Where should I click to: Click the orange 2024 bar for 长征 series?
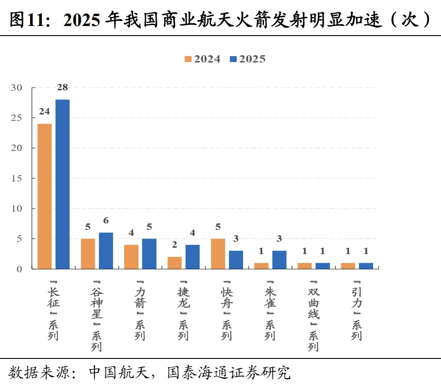tap(45, 197)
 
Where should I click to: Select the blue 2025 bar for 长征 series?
tap(62, 184)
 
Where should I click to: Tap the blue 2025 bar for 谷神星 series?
tap(106, 251)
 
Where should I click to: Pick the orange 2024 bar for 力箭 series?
tap(131, 257)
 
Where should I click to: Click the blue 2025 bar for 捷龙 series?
tap(192, 257)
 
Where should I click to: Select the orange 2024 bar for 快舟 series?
tap(218, 254)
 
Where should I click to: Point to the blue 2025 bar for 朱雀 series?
tap(279, 260)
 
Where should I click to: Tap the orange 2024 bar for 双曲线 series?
tap(305, 266)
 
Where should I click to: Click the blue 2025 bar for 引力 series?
tap(366, 266)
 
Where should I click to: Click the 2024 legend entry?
tap(202, 59)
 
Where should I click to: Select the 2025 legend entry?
tap(248, 59)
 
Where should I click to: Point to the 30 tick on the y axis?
tap(16, 88)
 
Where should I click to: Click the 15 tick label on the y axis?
tap(16, 178)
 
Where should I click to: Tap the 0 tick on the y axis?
tap(19, 269)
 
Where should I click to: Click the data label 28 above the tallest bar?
tap(62, 87)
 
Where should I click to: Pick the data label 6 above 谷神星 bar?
tap(106, 220)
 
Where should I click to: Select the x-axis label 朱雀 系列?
tap(270, 311)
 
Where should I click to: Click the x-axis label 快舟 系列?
tap(227, 311)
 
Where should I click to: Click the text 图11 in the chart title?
tap(27, 20)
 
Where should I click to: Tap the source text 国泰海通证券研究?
tap(228, 373)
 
